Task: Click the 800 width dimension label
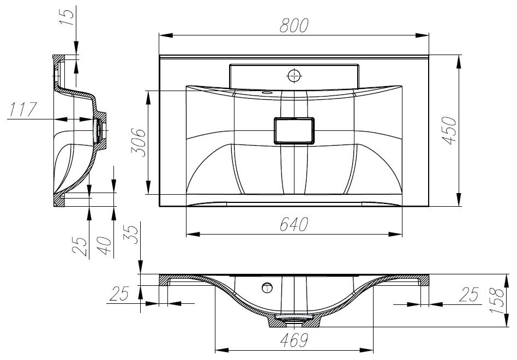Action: pos(294,26)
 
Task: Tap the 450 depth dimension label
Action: pos(449,130)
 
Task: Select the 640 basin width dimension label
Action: pos(294,225)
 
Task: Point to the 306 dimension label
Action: pos(138,142)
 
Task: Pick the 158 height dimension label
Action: pos(497,301)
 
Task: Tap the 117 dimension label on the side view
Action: pos(23,110)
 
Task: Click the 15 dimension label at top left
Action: pos(67,18)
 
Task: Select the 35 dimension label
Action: pos(131,235)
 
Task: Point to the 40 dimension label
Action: pos(105,245)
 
